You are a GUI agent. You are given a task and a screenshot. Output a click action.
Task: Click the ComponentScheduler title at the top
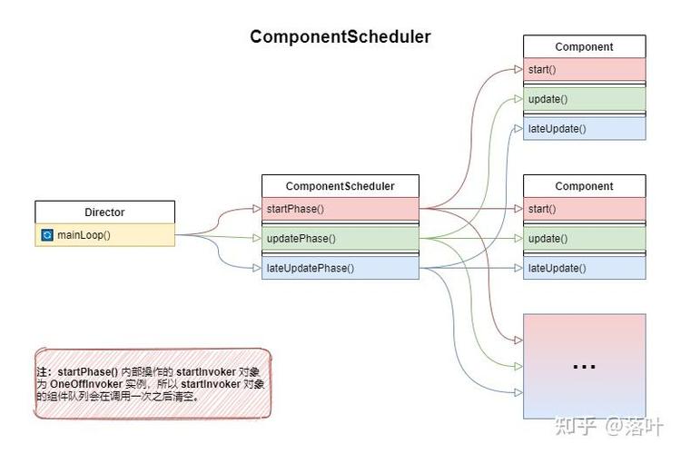coord(340,37)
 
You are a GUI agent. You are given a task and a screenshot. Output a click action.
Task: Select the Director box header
coord(104,212)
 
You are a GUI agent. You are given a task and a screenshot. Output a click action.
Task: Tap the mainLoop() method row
coord(104,235)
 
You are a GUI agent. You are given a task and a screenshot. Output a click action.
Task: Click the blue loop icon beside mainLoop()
coord(47,235)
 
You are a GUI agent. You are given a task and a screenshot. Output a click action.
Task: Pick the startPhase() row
coord(340,209)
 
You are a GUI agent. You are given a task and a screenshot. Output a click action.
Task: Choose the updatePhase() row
coord(340,239)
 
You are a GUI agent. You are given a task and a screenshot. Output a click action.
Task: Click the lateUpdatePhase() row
coord(340,268)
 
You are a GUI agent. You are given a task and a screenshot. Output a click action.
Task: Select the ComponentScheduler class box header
coord(340,186)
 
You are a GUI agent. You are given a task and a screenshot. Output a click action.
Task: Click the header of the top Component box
coord(584,47)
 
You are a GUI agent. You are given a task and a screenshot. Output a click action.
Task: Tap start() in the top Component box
coord(584,70)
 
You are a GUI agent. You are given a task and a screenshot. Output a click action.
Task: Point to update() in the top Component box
coord(584,99)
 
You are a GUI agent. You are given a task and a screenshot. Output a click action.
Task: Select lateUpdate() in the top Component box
coord(584,129)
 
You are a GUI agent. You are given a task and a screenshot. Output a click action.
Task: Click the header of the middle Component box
coord(584,186)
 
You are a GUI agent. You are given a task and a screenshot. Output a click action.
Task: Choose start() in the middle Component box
coord(584,209)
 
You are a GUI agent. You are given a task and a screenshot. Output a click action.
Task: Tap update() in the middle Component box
coord(584,239)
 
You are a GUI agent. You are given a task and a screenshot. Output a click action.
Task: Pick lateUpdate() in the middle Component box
coord(584,268)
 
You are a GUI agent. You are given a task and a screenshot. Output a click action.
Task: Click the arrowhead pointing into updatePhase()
coord(258,239)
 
